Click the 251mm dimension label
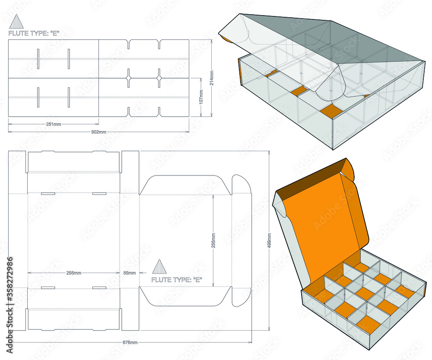[54, 124]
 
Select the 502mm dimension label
[99, 132]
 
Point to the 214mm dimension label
[212, 78]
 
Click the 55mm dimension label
[129, 273]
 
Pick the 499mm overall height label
[270, 243]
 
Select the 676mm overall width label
[130, 342]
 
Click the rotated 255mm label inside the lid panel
[214, 240]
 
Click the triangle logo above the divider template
[15, 22]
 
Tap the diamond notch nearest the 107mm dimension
[159, 78]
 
